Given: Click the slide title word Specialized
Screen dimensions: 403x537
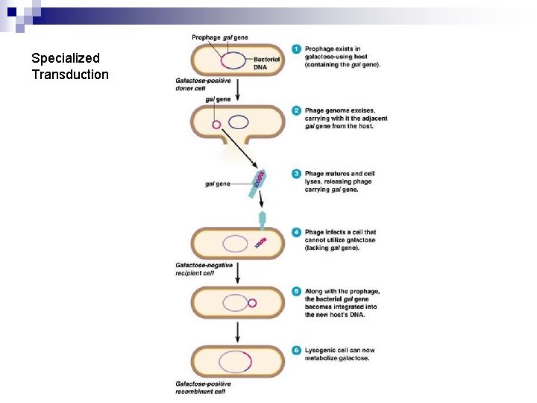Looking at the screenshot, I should (x=66, y=58).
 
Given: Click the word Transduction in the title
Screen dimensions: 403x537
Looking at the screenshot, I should (x=70, y=75).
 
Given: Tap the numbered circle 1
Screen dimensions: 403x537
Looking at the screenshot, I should (x=297, y=49).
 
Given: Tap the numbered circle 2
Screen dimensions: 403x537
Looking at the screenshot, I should (x=297, y=111).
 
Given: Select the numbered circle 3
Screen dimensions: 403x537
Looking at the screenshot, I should (x=297, y=174).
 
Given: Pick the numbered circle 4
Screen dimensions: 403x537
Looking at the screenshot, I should (x=297, y=232).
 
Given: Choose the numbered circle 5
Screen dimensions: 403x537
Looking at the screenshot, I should (x=297, y=291).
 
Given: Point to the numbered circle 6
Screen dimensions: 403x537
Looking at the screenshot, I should (x=297, y=350).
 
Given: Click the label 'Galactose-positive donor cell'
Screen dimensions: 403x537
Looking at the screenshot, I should (x=203, y=84).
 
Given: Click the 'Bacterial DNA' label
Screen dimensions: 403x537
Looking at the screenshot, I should (x=266, y=63).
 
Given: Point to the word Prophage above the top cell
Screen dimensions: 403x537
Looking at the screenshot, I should (x=205, y=37).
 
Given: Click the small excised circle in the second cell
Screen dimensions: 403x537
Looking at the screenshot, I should (x=217, y=124).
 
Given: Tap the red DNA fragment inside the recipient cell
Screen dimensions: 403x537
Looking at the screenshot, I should (x=261, y=243).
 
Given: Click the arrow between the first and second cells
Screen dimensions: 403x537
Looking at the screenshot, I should (x=237, y=90).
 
